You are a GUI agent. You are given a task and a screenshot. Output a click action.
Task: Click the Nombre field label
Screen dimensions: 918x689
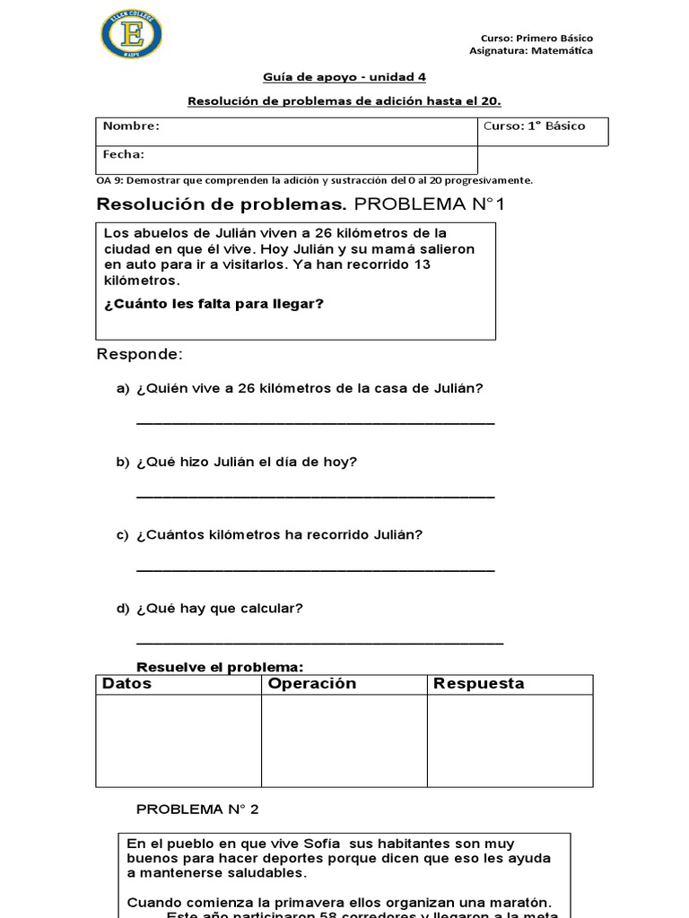click(x=131, y=126)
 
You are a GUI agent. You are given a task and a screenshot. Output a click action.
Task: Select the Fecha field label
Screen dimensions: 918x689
click(x=124, y=154)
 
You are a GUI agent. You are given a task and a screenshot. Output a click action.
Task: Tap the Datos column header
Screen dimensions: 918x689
click(x=127, y=684)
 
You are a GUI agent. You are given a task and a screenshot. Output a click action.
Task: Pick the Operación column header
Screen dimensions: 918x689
click(x=312, y=684)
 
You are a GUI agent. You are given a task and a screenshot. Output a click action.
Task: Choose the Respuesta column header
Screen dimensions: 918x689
click(x=478, y=684)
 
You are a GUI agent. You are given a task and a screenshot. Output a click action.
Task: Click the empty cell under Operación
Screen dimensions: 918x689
click(x=344, y=740)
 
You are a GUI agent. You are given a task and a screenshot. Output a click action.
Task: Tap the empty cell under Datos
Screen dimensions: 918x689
click(x=179, y=740)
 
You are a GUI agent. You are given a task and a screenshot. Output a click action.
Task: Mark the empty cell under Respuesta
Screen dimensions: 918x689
click(x=510, y=740)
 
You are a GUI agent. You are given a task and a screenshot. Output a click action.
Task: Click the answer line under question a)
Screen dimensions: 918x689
click(x=315, y=421)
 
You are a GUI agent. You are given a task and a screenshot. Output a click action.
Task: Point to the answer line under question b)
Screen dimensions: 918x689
click(x=315, y=495)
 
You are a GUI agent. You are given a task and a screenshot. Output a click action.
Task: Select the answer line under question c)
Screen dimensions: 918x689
click(x=315, y=568)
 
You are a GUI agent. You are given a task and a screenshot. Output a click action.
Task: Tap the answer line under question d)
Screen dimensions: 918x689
click(x=319, y=642)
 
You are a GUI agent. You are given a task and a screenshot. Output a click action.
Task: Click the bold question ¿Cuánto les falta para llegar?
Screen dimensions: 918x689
click(x=214, y=304)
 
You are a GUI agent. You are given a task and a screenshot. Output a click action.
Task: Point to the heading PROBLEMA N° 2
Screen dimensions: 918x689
click(x=197, y=810)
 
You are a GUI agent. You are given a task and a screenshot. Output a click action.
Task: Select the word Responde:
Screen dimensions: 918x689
click(x=139, y=355)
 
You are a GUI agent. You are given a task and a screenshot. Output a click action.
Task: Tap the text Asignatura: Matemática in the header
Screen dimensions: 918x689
click(x=531, y=51)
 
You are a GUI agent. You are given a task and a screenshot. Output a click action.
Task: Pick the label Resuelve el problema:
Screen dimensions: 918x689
click(x=220, y=667)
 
